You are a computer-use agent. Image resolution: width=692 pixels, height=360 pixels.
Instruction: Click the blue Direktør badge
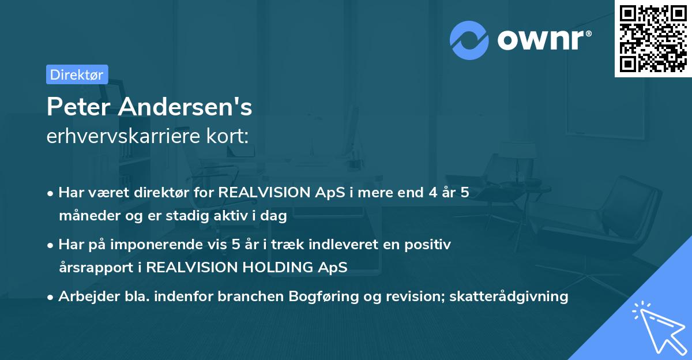[77, 74]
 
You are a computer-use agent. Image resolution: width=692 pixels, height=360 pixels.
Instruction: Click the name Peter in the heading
[78, 107]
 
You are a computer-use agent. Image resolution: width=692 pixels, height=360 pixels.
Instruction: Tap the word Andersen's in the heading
[185, 107]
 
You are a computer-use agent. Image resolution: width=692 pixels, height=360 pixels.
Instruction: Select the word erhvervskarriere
[123, 136]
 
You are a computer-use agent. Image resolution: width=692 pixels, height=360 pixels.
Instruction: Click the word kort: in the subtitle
[227, 136]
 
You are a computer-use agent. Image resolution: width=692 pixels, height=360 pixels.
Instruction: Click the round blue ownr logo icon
[469, 40]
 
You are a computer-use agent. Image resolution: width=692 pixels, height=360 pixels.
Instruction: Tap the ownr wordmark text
[544, 40]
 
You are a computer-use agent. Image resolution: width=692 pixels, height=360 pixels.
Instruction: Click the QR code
[653, 39]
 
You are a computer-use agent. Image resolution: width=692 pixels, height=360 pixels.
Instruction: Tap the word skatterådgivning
[509, 297]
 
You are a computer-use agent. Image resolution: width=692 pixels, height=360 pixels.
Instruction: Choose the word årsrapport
[96, 268]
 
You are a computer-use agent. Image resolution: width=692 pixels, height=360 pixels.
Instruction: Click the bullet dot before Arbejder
[50, 298]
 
